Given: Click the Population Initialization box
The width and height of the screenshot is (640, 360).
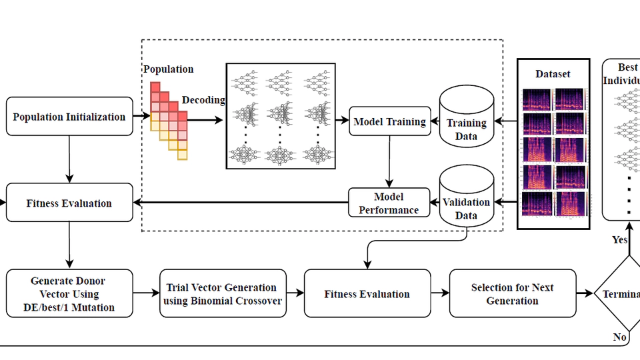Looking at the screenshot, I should [x=69, y=117].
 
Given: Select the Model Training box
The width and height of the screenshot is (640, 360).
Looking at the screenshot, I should [x=389, y=121].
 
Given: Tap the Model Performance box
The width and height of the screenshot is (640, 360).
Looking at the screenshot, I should [x=389, y=203].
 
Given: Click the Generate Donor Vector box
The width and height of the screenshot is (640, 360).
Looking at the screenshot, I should [x=69, y=293].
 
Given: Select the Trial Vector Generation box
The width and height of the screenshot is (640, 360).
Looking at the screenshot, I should [x=223, y=293].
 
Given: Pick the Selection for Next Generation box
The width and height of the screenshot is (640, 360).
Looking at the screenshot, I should [x=512, y=293].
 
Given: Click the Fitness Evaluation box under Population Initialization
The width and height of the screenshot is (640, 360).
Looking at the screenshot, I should [x=69, y=203].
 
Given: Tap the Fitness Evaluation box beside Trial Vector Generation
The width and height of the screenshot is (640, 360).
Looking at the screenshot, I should [x=367, y=293].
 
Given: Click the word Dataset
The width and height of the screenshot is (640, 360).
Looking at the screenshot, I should [x=553, y=74].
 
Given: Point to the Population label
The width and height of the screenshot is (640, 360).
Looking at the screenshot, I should [x=168, y=69].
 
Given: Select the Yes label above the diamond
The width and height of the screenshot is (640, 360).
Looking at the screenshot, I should [x=619, y=239].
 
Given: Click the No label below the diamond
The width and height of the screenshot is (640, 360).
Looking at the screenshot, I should [x=619, y=337].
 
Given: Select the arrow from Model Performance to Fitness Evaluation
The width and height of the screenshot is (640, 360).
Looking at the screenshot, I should [x=240, y=203].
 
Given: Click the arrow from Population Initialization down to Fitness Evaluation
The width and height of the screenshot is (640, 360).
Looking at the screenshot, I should [x=69, y=159].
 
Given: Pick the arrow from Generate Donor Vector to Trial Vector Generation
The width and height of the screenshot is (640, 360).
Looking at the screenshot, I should [x=146, y=293].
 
